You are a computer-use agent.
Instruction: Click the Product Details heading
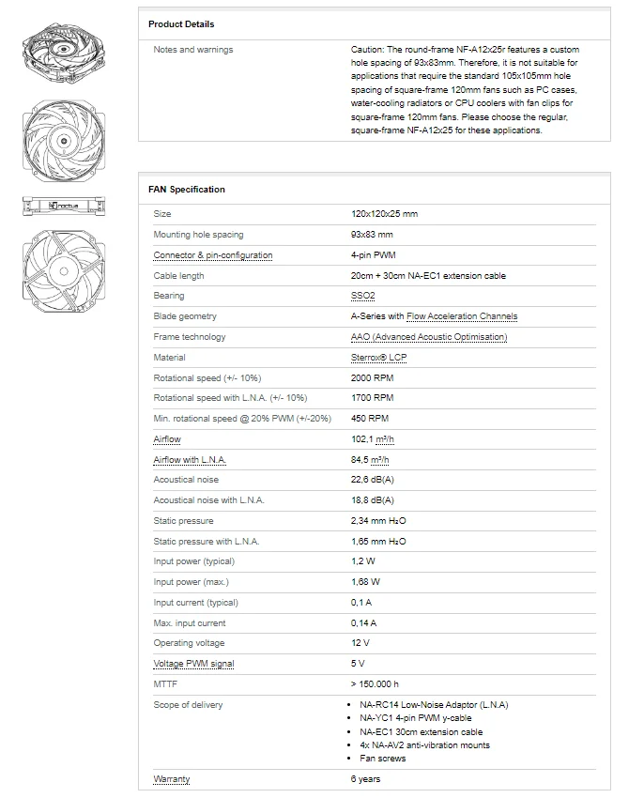click(181, 23)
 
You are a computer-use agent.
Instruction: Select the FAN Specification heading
click(187, 189)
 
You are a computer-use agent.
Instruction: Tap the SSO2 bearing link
click(362, 296)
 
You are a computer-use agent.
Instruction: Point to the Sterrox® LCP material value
click(379, 357)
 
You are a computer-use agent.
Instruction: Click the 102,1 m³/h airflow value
click(372, 438)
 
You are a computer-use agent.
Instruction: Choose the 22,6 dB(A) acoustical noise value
click(372, 480)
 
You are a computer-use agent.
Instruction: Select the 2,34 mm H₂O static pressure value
click(378, 520)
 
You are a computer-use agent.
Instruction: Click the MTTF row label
click(165, 684)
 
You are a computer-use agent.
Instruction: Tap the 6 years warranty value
click(365, 779)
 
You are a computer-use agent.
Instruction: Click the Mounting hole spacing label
click(198, 235)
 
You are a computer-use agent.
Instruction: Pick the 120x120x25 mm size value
click(384, 214)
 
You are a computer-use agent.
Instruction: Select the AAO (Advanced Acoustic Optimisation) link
click(429, 337)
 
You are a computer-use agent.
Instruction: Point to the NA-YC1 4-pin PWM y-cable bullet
click(415, 718)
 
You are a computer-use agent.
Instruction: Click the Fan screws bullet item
click(384, 758)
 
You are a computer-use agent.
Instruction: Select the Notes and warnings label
click(193, 50)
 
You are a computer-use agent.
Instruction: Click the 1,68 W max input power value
click(364, 582)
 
